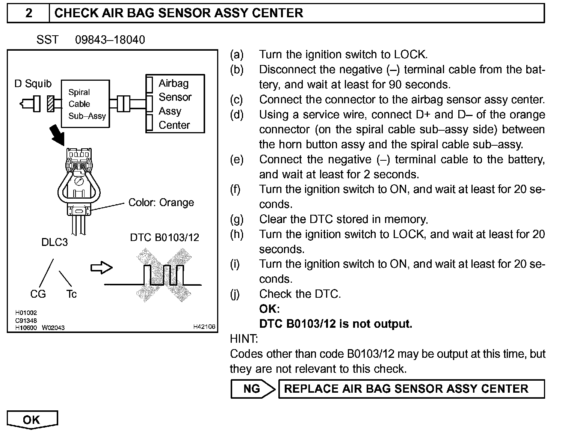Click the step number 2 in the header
pos(29,13)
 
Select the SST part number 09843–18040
pos(110,40)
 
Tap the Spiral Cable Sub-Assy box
pos(86,104)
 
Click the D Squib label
pos(33,83)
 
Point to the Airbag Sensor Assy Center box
pos(175,104)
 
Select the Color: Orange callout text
pos(161,203)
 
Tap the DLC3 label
pos(54,242)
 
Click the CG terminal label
pos(38,294)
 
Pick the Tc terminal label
pos(71,294)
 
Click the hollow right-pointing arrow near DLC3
pos(101,268)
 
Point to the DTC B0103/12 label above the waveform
pos(165,238)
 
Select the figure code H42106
pos(204,327)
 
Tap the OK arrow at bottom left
pos(32,420)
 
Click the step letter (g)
pos(237,219)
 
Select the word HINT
pos(244,339)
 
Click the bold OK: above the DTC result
pos(269,309)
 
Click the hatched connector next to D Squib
pos(50,104)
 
